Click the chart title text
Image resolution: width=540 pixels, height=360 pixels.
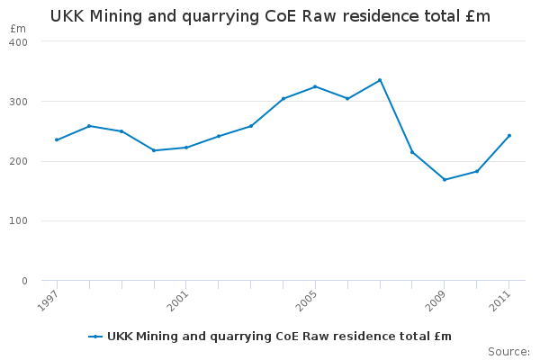click(270, 16)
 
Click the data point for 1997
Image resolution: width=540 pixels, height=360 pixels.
click(57, 139)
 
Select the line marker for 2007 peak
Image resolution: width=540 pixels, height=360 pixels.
click(380, 80)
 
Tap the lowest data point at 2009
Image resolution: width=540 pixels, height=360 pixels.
click(445, 179)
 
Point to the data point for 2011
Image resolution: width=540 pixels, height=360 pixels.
click(509, 136)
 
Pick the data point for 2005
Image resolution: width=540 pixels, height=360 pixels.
click(315, 86)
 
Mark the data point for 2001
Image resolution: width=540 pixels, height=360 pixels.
click(185, 148)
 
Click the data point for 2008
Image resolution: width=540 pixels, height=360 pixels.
click(412, 152)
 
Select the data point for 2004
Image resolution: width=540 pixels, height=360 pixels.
click(283, 98)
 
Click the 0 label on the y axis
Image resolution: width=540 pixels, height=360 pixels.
click(24, 281)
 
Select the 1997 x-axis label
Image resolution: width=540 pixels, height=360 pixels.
click(49, 299)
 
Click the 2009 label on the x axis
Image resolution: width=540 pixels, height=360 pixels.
click(436, 299)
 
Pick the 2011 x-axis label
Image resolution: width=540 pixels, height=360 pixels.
click(501, 299)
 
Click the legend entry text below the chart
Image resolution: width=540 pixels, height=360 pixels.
click(279, 337)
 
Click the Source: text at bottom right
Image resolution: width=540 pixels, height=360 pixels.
click(508, 351)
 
